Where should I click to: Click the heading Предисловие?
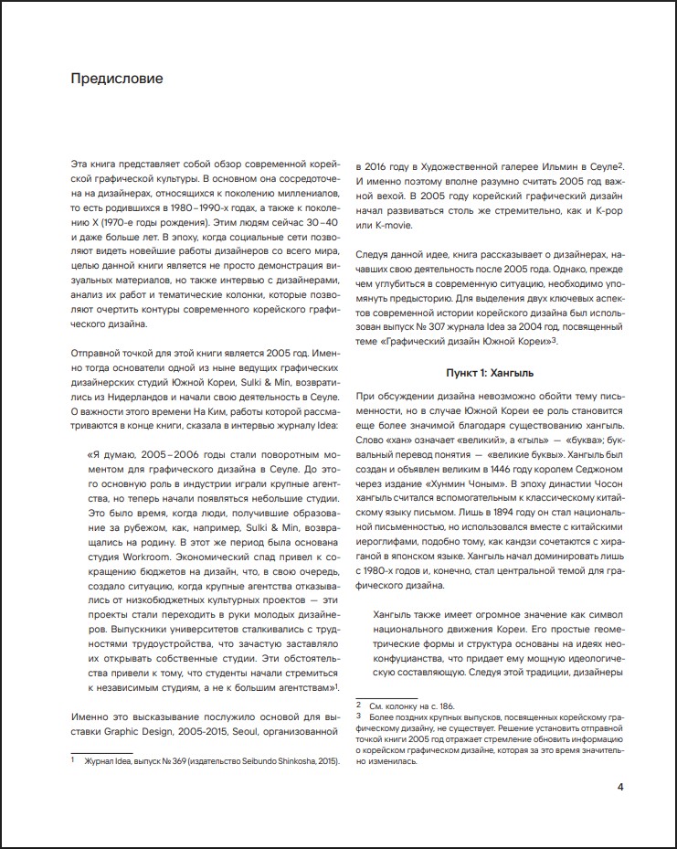click(x=117, y=79)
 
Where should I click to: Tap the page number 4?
click(x=620, y=787)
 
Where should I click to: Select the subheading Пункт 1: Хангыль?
click(x=488, y=374)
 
